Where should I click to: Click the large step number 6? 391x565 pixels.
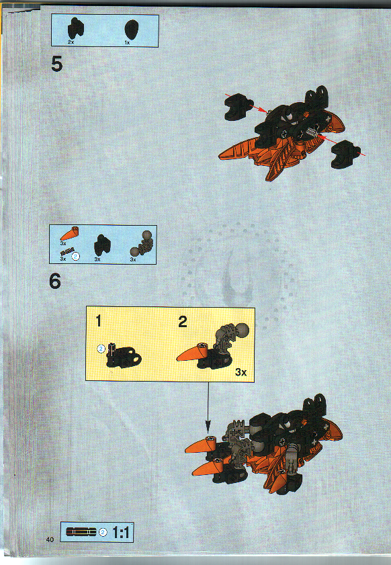55,281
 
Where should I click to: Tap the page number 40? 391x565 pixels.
50,539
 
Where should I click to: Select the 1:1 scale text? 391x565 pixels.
122,533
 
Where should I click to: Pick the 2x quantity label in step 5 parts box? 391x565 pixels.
72,42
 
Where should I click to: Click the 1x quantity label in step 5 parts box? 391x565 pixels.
127,42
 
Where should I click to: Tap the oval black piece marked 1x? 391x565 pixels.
132,29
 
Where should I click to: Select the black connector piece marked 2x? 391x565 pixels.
77,29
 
